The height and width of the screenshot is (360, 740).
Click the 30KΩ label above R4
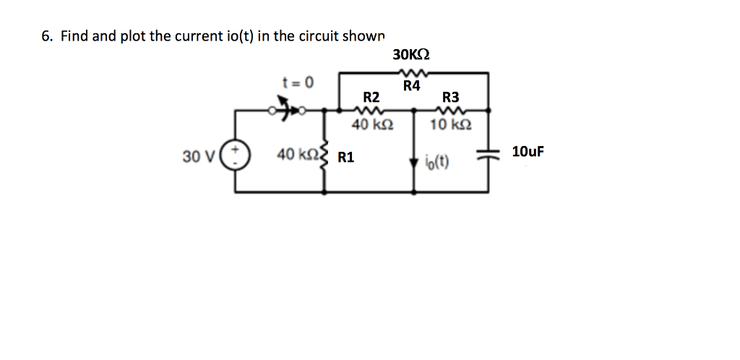(x=411, y=54)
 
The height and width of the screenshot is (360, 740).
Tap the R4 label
(x=411, y=87)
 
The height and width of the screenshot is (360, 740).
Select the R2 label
(x=371, y=97)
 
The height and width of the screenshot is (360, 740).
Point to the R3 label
(x=450, y=97)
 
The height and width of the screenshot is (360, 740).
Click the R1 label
(x=346, y=157)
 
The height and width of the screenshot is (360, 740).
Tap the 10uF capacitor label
(x=527, y=152)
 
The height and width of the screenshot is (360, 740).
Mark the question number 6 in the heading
(x=46, y=35)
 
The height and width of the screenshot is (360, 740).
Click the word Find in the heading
(x=73, y=35)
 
